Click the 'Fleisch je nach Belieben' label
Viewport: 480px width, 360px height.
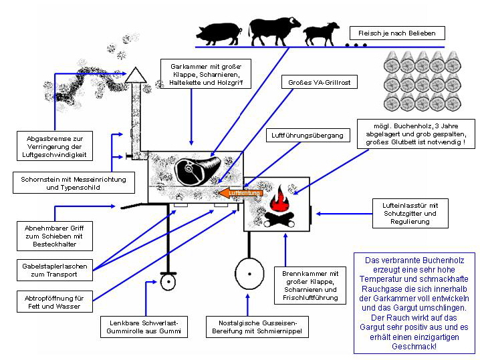coord(396,33)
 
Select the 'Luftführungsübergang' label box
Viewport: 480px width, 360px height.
coord(308,136)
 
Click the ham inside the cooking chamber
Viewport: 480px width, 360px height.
coord(196,168)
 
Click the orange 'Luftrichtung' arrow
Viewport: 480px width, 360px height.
coord(239,193)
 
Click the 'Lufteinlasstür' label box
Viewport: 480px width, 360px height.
coord(415,213)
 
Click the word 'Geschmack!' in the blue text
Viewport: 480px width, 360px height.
coord(415,347)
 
